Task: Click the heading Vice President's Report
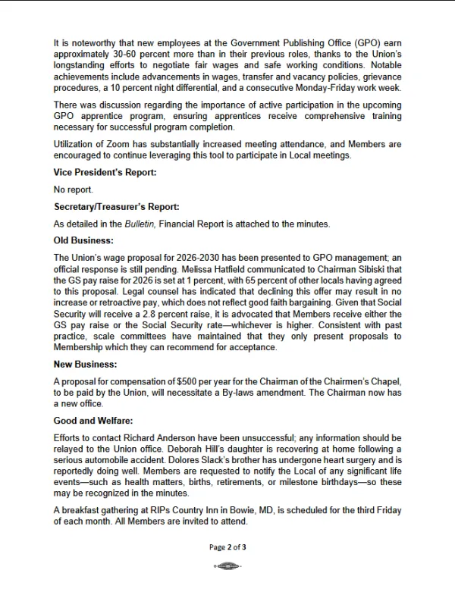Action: coord(105,173)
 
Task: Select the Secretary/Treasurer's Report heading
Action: coord(116,206)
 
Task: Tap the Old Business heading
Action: coord(83,240)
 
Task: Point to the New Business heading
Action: coord(85,364)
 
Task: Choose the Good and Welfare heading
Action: coord(93,420)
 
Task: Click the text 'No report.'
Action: coord(73,190)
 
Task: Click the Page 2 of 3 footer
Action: coord(227,548)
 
